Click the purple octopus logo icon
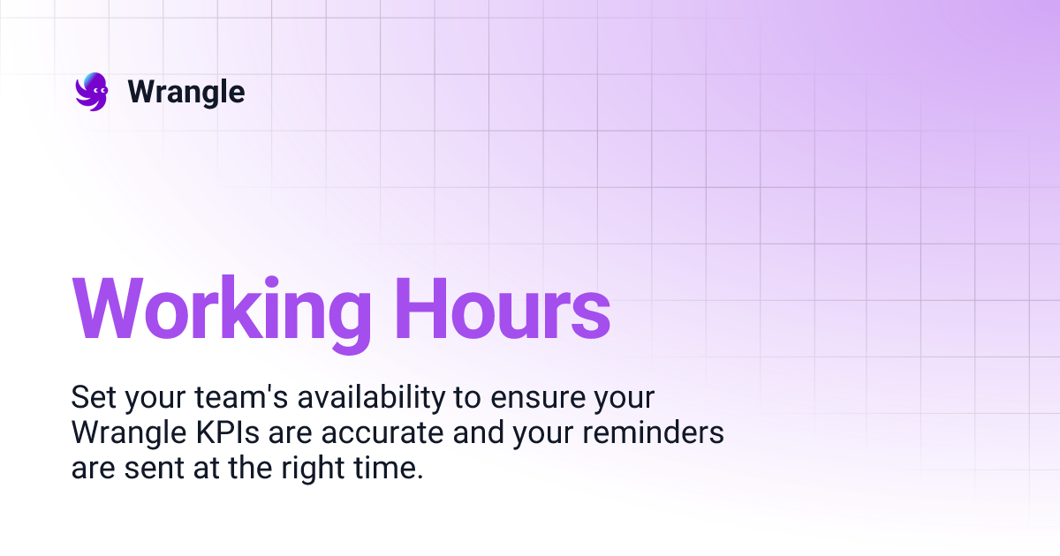(x=91, y=92)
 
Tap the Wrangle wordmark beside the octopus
(x=186, y=92)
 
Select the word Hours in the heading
(x=502, y=310)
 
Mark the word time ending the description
(x=388, y=469)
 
